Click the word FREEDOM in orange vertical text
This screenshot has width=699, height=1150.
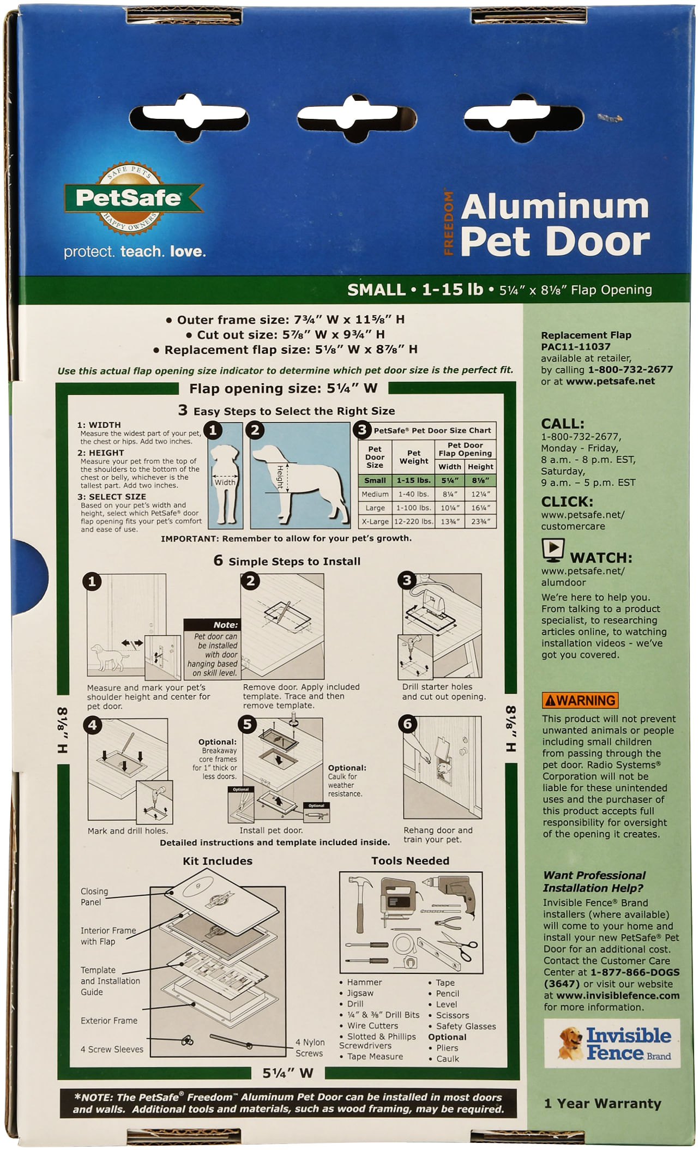[448, 223]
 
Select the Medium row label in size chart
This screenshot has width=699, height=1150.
[375, 494]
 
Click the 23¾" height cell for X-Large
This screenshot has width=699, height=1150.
[480, 521]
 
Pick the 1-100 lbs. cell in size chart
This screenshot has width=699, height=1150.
[414, 508]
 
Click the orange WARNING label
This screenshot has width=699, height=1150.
[580, 700]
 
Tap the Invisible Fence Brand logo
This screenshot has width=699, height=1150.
[612, 1043]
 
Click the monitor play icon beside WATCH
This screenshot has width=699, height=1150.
[553, 551]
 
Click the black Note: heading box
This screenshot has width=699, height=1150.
[212, 625]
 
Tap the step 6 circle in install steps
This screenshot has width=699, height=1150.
[407, 724]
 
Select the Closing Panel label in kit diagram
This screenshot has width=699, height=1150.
[94, 896]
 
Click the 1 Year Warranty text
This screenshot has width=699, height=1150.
[602, 1103]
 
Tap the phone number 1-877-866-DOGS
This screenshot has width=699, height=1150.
[635, 972]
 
